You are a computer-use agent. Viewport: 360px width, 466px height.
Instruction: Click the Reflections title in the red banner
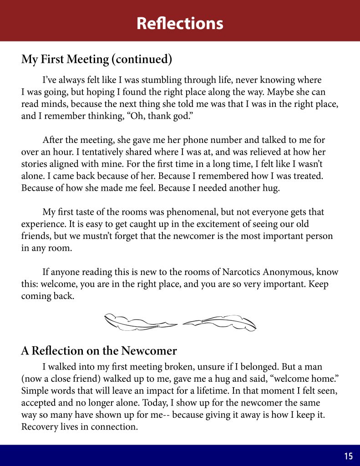180,23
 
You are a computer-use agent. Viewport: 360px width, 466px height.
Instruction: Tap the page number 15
348,456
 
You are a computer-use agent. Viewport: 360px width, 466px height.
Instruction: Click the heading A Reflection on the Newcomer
99,351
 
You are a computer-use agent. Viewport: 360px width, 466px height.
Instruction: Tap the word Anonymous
297,272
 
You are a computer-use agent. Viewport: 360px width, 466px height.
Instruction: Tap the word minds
57,104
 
